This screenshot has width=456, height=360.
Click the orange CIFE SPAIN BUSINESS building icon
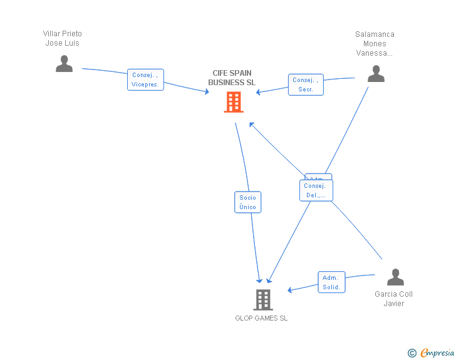click(233, 102)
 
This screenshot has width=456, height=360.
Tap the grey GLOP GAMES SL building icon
click(263, 300)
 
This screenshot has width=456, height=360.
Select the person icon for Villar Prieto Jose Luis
click(64, 63)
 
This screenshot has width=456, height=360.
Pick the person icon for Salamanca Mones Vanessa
click(376, 74)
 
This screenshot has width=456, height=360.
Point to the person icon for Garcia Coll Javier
click(395, 277)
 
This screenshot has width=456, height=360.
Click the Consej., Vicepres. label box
click(145, 80)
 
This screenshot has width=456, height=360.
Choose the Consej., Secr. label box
click(306, 85)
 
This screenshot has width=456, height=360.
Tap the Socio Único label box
click(247, 202)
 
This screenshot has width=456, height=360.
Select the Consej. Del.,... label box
click(316, 190)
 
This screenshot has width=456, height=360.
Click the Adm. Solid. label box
click(331, 282)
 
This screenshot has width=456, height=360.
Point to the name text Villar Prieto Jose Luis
click(63, 38)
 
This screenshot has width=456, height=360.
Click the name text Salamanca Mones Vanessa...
click(375, 44)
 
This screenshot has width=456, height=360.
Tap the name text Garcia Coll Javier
click(394, 299)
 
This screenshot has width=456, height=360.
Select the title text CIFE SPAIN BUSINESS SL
click(232, 78)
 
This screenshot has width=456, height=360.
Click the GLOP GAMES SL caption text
click(261, 318)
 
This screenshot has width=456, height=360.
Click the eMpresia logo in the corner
click(437, 353)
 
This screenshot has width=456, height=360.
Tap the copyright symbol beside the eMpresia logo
click(412, 354)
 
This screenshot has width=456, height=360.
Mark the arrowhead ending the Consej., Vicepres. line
click(207, 93)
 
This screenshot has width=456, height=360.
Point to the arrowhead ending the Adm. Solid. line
click(290, 290)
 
